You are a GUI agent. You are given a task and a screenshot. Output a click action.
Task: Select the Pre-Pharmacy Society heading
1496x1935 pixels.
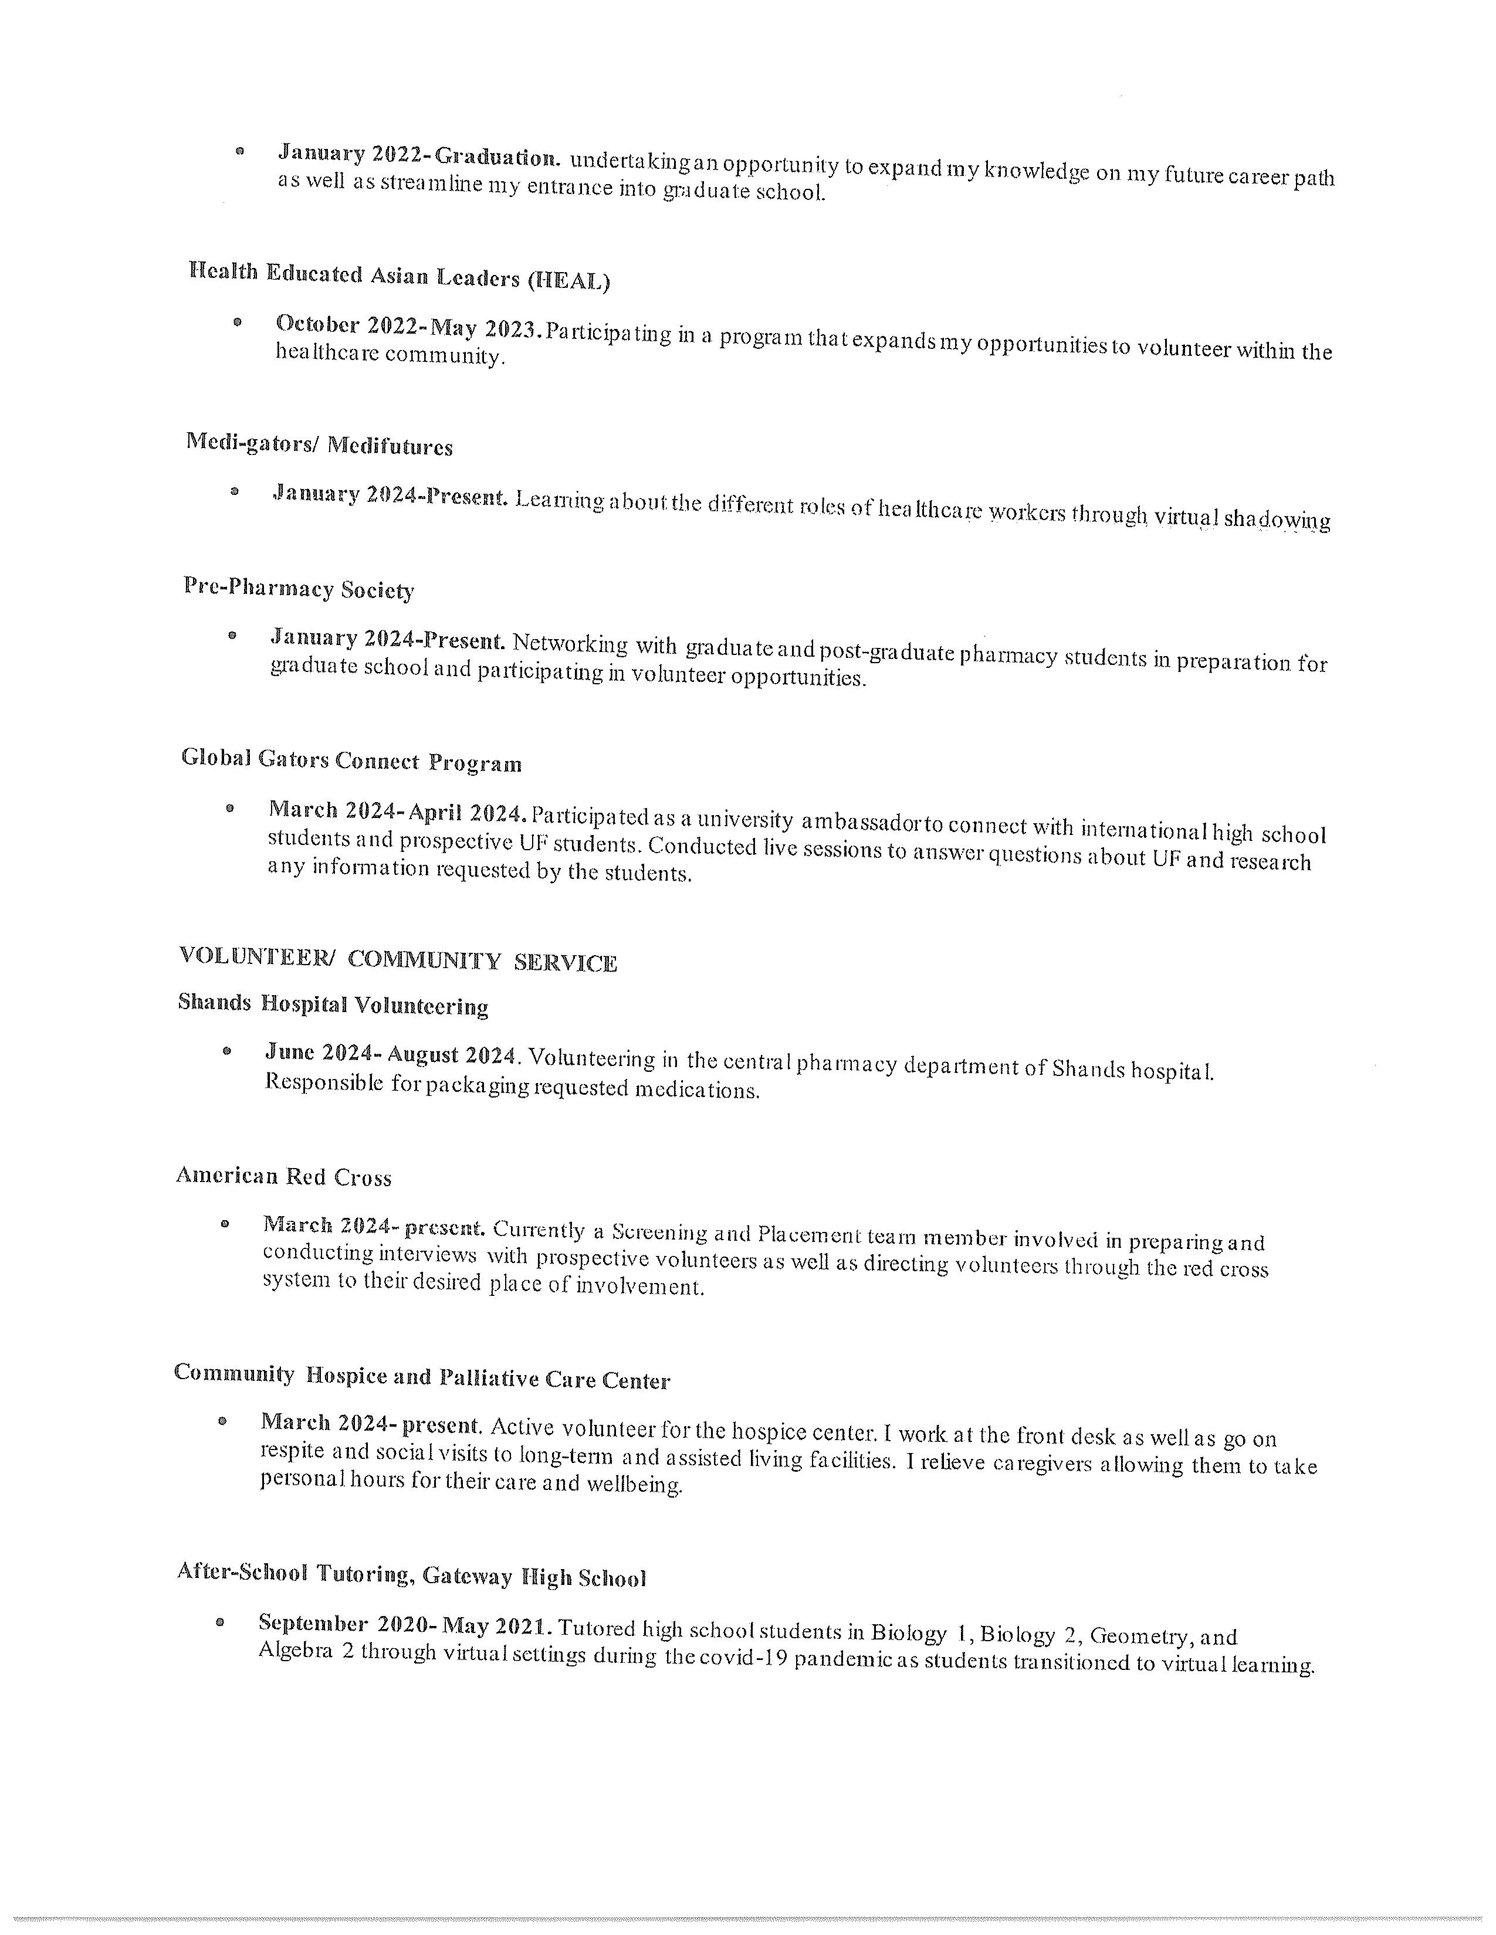pyautogui.click(x=299, y=588)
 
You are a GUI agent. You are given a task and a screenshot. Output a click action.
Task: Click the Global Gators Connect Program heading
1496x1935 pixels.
pyautogui.click(x=351, y=761)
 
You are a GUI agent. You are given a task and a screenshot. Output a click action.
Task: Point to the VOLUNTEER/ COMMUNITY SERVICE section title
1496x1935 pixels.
pyautogui.click(x=398, y=959)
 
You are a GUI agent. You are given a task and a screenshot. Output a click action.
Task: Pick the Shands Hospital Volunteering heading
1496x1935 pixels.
pyautogui.click(x=333, y=1004)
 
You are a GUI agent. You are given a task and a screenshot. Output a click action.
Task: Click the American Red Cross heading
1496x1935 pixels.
pyautogui.click(x=283, y=1177)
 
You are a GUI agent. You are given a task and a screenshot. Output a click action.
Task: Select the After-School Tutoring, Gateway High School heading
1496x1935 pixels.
pyautogui.click(x=411, y=1574)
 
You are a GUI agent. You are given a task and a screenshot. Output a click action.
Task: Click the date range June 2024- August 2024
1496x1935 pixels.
pyautogui.click(x=391, y=1054)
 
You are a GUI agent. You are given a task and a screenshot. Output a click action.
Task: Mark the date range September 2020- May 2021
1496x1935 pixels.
pyautogui.click(x=406, y=1625)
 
